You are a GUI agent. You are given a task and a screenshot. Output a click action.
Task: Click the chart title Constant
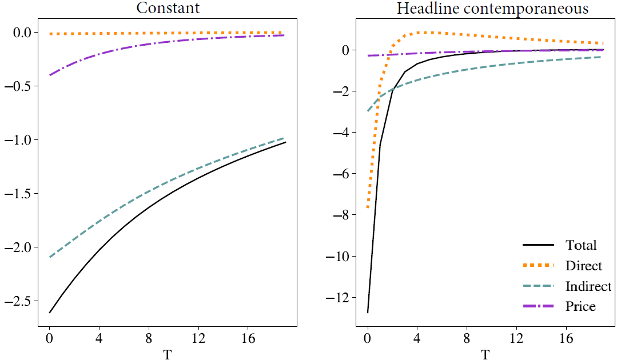pos(167,9)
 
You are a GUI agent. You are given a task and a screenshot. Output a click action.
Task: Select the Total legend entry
pos(581,245)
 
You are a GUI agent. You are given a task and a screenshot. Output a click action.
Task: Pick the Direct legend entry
pos(584,266)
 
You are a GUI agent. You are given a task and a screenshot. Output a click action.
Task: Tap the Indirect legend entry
pos(588,286)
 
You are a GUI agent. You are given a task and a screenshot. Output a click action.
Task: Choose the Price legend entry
pos(580,307)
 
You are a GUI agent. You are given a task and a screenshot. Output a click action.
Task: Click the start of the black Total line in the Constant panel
pos(50,313)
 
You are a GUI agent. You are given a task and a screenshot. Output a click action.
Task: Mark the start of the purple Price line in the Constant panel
pos(50,75)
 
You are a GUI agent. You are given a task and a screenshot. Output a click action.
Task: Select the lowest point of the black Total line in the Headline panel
pos(368,312)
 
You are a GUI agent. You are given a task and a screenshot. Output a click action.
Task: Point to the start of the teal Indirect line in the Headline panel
pos(368,111)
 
